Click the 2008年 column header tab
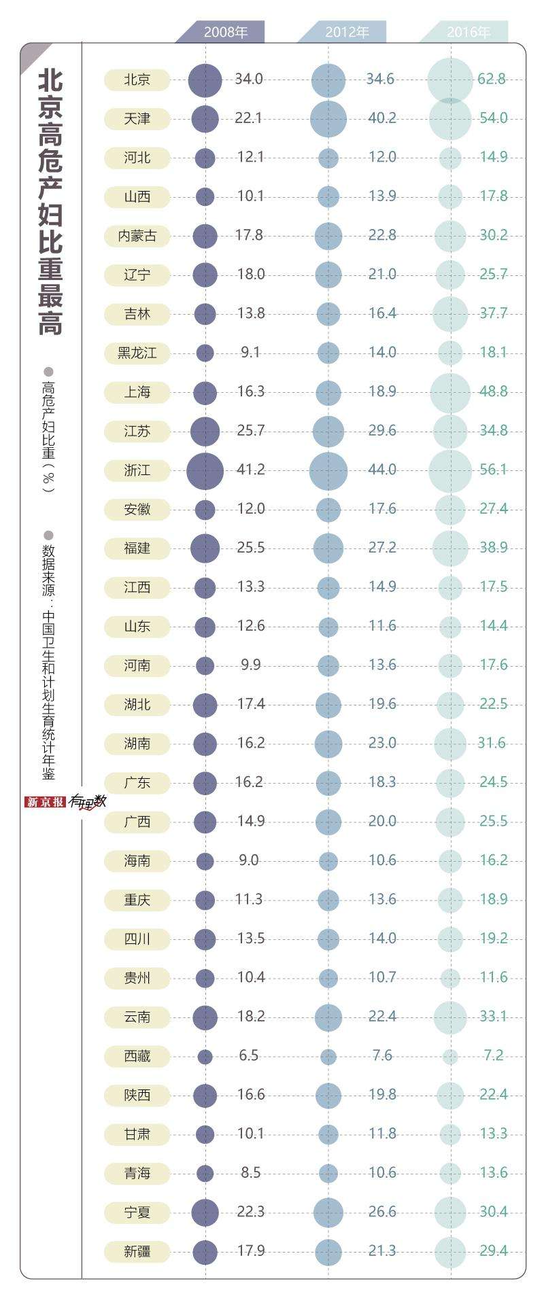pos(225,32)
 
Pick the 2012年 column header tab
pos(347,32)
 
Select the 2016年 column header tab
pos(468,32)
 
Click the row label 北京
pos(137,80)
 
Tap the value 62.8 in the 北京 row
pos(491,79)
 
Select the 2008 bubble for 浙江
pos(205,470)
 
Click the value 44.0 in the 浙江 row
pos(382,470)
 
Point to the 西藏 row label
pos(137,1056)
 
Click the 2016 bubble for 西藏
pos(450,1057)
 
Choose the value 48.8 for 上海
pos(493,391)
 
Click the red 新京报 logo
pos(45,802)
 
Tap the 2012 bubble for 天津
pos(328,119)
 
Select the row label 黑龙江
pos(137,353)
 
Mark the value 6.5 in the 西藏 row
pos(249,1055)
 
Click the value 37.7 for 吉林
pos(493,313)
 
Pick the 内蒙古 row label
pos(137,236)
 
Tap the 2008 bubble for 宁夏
pos(205,1212)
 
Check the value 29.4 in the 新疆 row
pos(493,1251)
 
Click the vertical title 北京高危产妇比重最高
pos(50,204)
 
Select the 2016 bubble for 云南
pos(450,1017)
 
